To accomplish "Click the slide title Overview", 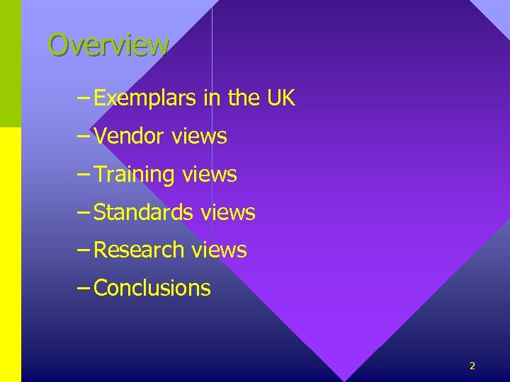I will [x=108, y=45].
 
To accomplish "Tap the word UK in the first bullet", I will [x=280, y=98].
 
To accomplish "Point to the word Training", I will [x=134, y=174].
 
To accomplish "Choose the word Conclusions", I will [x=152, y=288].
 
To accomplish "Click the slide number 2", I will [x=472, y=366].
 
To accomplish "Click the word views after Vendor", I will [x=199, y=136].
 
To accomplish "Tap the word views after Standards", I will [x=228, y=212].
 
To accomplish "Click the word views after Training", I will [x=209, y=174].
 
